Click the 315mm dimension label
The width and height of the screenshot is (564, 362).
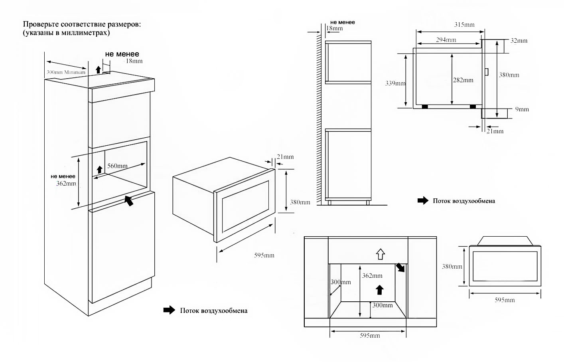coord(464,25)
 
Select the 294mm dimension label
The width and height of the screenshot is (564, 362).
coord(446,40)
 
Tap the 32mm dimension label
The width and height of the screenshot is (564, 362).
coord(519,41)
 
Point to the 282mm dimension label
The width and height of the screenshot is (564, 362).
coord(463,80)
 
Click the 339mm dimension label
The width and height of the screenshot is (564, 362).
coord(395,83)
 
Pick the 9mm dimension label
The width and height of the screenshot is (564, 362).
coord(522,109)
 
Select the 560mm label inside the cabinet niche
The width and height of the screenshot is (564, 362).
coord(118,166)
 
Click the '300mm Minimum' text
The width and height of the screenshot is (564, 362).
coord(66,72)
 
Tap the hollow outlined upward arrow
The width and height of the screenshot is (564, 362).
coord(380,253)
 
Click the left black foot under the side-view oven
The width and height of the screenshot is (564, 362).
coord(425,107)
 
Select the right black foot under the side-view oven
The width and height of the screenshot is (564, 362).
coord(473,107)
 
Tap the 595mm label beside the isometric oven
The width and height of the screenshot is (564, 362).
coord(264,255)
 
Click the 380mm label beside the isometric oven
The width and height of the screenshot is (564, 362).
coord(300,202)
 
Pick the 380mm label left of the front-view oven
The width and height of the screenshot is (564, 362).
coord(452,267)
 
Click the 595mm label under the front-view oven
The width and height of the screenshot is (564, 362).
coord(505,300)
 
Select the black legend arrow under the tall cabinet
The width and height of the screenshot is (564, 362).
coord(169,310)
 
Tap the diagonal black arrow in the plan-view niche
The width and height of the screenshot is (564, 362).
coord(400,267)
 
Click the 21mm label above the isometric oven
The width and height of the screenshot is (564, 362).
coord(285,157)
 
